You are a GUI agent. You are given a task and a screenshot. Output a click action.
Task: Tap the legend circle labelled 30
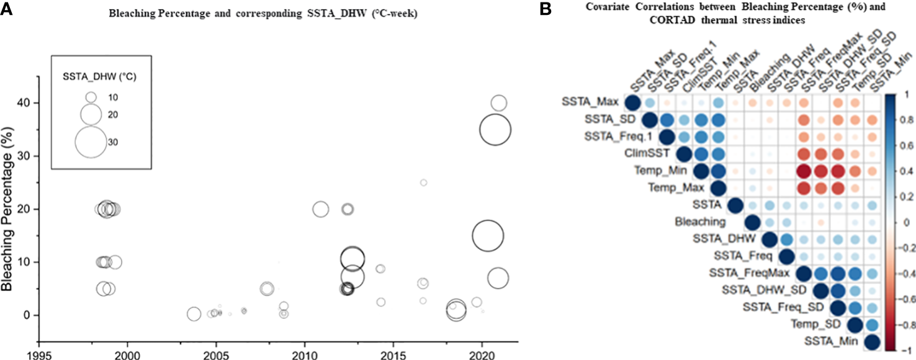coord(91,142)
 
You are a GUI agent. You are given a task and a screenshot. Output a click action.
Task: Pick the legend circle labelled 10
coord(91,97)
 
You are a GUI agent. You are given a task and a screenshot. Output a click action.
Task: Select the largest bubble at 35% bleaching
coord(495,130)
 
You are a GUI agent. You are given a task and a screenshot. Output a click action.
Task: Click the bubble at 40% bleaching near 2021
coord(499,103)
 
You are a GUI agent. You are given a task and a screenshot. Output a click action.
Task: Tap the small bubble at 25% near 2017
coord(423,182)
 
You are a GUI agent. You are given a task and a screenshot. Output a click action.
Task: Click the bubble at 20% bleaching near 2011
coord(320,209)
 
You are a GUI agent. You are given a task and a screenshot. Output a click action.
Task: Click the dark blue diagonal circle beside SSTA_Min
coord(871,342)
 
